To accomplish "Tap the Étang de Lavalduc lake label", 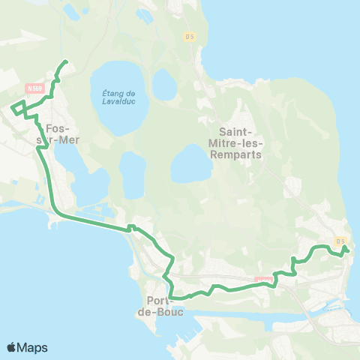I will tap(118, 97).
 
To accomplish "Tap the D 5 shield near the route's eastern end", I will tap(340, 241).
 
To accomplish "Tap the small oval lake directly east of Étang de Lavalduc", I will tap(163, 84).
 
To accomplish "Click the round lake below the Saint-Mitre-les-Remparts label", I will tap(190, 164).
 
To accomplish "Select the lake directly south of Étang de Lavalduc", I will tap(132, 174).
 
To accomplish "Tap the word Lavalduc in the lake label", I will tap(118, 102).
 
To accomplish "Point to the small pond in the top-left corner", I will tap(72, 10).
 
